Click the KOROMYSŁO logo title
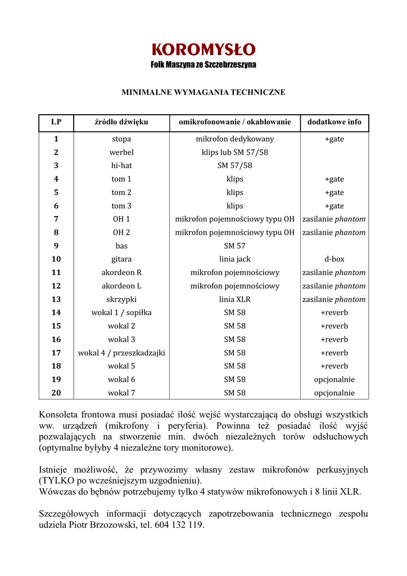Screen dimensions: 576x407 tap(203, 50)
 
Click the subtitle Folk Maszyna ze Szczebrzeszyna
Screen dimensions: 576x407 tap(203, 65)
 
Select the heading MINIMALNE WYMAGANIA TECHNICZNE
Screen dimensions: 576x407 tap(203, 92)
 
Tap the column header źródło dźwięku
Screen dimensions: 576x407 tap(121, 122)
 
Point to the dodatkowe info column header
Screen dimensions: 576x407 tap(334, 122)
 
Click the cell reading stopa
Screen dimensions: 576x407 tap(121, 139)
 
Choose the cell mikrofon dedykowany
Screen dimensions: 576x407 tap(234, 139)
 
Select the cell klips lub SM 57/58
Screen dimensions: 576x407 tap(234, 152)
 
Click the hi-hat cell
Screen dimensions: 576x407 tap(121, 166)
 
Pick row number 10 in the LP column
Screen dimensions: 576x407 tap(56, 259)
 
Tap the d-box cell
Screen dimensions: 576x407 tap(334, 259)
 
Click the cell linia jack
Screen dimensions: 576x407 tap(234, 259)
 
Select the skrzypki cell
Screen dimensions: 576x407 tap(121, 299)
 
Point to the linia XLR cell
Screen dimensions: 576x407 tap(234, 299)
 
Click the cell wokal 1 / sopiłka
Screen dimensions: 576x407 tap(121, 313)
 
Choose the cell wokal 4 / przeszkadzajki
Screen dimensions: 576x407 tap(121, 353)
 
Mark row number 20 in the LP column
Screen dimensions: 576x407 tap(56, 393)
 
